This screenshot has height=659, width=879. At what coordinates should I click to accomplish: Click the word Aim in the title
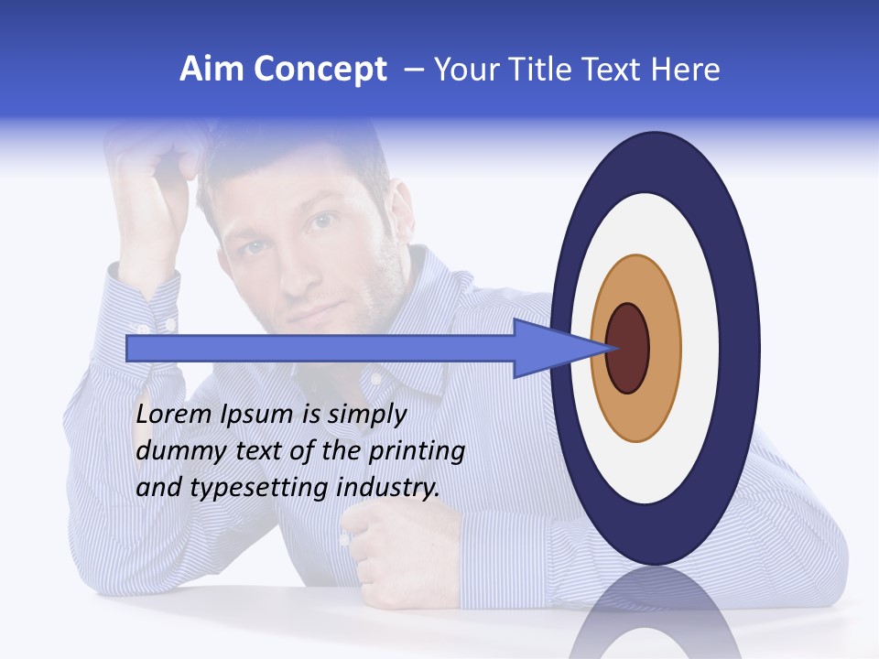pos(210,70)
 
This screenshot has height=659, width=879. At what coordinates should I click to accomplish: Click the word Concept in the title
pos(320,70)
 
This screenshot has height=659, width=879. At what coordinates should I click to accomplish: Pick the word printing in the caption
pos(416,452)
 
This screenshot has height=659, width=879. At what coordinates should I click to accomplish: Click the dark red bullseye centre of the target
pos(627,348)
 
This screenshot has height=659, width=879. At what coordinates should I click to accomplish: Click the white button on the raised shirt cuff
pos(143,327)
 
